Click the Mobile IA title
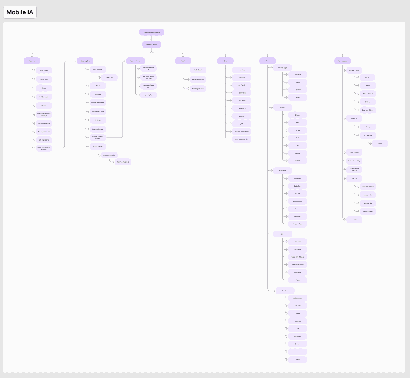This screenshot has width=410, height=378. click(x=20, y=12)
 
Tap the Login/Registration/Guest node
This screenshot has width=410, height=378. click(x=151, y=32)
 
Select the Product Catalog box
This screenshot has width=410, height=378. click(x=151, y=45)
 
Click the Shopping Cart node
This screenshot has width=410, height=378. click(x=85, y=61)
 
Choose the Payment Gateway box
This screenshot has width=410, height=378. click(x=135, y=61)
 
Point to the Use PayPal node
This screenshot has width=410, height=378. click(x=148, y=95)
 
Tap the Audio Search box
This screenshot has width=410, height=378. click(x=198, y=70)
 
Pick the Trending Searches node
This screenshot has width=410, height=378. click(x=198, y=89)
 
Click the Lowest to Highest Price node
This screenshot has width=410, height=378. click(x=242, y=132)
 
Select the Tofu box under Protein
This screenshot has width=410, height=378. click(x=298, y=146)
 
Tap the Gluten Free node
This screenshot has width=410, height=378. click(x=298, y=186)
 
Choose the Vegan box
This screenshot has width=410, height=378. click(x=298, y=280)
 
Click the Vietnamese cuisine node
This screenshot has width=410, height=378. click(x=298, y=336)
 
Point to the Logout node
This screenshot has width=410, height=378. click(x=354, y=220)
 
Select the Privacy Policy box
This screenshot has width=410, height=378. click(x=368, y=195)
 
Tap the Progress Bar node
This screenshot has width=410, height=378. click(x=368, y=135)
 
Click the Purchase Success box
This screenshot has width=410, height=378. click(x=123, y=162)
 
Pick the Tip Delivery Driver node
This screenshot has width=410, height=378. click(x=98, y=112)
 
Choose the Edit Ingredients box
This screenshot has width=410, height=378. click(x=44, y=140)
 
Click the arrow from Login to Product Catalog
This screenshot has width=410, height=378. click(x=152, y=39)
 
